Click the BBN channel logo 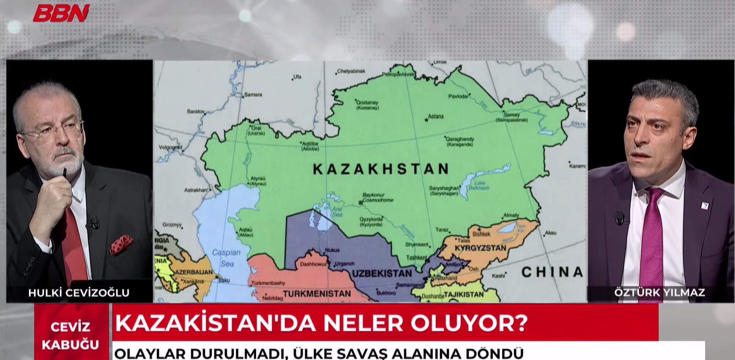61,13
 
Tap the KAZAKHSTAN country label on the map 381,169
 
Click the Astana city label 435,116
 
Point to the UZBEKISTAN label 382,274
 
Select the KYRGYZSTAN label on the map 480,248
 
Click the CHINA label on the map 552,272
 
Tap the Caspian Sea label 226,258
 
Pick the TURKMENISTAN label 317,294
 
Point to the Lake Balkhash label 479,185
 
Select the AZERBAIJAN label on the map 193,272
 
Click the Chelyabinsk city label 351,71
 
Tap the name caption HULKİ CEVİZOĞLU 79,293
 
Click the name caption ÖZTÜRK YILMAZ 659,292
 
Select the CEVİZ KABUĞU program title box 71,336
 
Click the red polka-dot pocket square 121,244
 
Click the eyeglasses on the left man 52,131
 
